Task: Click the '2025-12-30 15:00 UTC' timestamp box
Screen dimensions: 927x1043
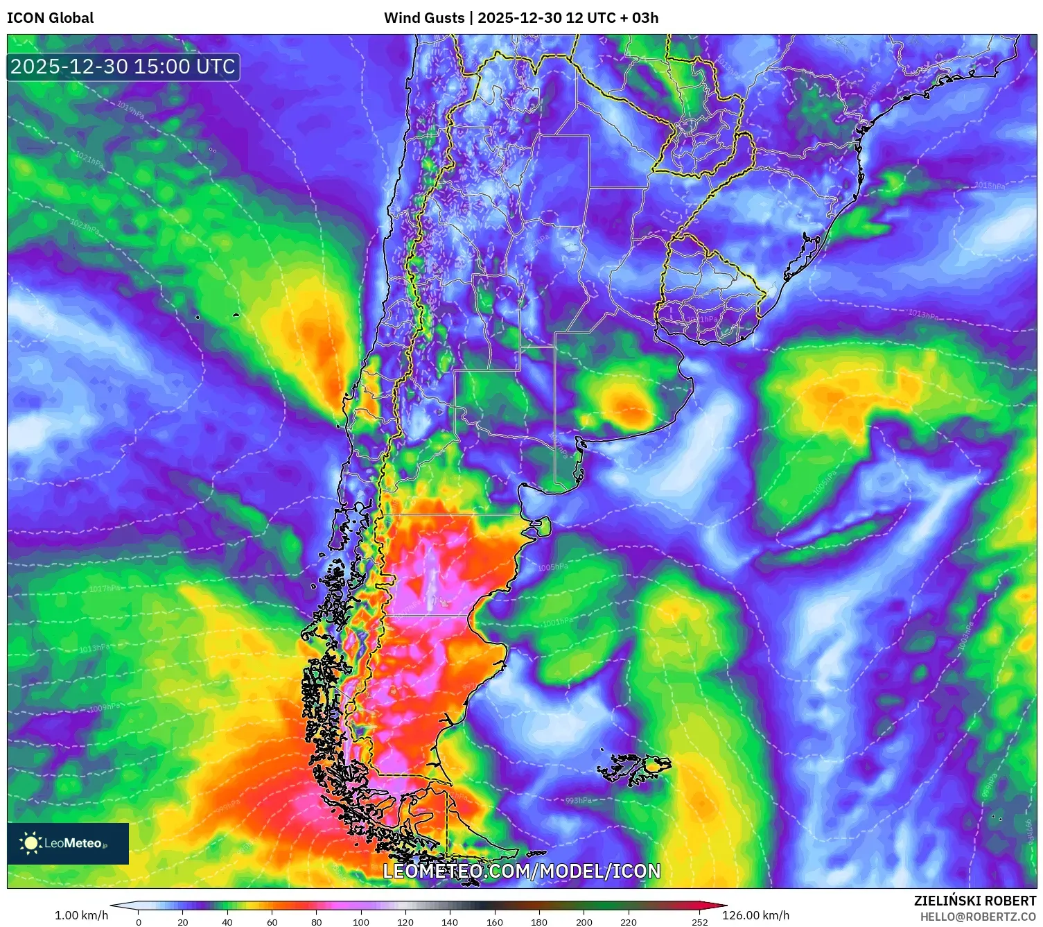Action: [x=123, y=67]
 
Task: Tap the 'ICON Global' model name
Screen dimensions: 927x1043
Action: [x=51, y=18]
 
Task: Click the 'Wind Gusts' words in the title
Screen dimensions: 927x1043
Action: [x=424, y=18]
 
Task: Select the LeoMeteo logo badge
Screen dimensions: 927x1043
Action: [x=68, y=843]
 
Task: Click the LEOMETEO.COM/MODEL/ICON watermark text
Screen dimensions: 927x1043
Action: [x=522, y=872]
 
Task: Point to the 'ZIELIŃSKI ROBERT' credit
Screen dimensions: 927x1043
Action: [x=975, y=901]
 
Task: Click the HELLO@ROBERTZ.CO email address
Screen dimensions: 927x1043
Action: [x=978, y=917]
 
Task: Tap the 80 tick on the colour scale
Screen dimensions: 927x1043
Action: [x=317, y=922]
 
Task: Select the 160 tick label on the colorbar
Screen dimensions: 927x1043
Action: [x=495, y=922]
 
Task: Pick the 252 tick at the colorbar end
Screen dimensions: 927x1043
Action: [x=700, y=922]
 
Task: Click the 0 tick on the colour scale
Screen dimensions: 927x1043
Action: [x=139, y=922]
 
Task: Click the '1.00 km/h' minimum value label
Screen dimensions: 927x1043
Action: [x=82, y=915]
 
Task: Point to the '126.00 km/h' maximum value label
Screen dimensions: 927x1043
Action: [x=755, y=915]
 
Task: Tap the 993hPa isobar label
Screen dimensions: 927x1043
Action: [x=579, y=800]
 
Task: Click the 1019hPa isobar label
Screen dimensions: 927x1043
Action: [x=130, y=110]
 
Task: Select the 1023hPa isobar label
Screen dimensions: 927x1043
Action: [x=84, y=226]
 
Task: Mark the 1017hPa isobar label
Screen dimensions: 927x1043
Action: [x=104, y=589]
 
